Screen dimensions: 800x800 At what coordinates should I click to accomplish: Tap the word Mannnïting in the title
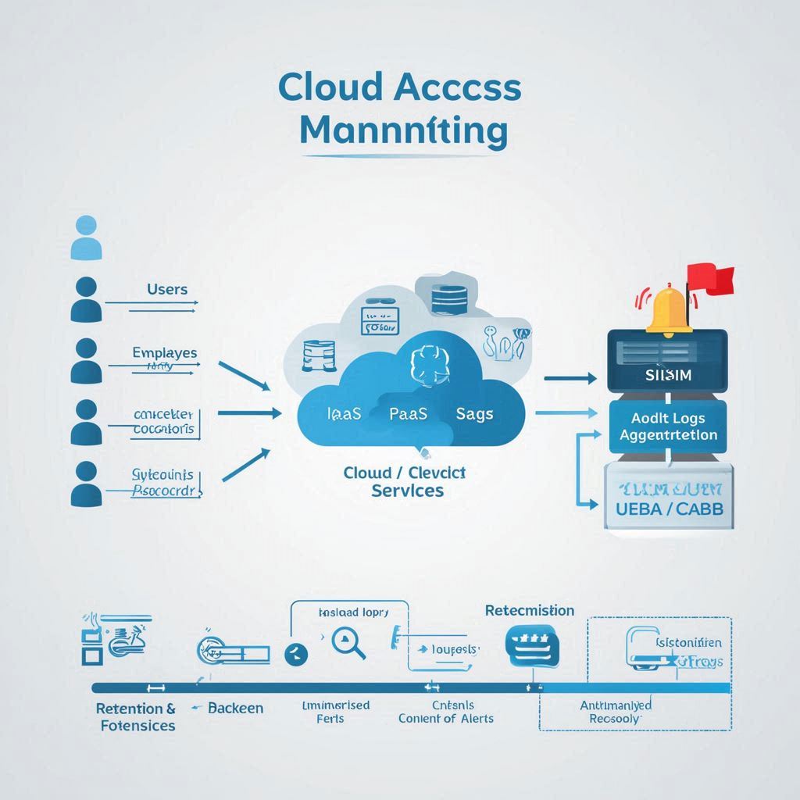click(x=402, y=130)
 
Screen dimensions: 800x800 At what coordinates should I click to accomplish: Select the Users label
click(x=167, y=289)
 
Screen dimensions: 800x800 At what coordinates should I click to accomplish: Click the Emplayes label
click(x=165, y=353)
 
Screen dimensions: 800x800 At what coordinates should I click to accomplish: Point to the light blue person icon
click(x=86, y=238)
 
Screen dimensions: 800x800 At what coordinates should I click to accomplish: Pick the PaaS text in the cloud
click(x=408, y=414)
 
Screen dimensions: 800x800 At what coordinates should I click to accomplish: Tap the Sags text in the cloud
click(x=474, y=414)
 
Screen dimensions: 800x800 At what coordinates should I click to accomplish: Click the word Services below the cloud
click(x=407, y=491)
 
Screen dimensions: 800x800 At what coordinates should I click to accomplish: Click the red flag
click(x=710, y=278)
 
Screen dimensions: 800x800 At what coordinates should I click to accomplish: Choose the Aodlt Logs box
click(x=668, y=427)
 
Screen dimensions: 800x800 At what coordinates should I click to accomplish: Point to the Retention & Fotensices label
click(x=136, y=716)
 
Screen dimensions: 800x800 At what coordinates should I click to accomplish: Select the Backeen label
click(x=235, y=708)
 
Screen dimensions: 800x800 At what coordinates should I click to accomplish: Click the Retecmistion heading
click(x=529, y=610)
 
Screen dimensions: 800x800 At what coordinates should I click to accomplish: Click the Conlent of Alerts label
click(x=445, y=718)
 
